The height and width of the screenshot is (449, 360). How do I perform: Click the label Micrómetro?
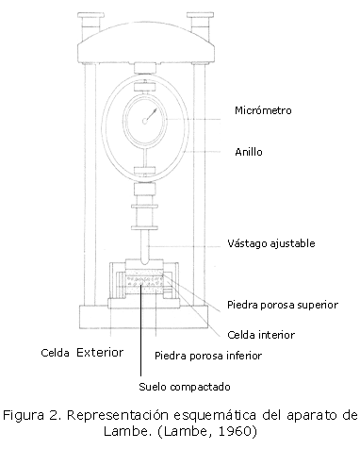(x=263, y=110)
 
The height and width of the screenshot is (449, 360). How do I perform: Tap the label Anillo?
(x=249, y=152)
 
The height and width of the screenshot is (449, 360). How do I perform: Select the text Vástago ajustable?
(x=271, y=243)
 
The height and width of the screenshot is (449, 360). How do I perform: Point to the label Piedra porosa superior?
(x=283, y=305)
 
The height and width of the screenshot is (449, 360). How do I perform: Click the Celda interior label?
(x=261, y=335)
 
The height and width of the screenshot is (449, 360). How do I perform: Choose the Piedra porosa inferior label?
(x=208, y=356)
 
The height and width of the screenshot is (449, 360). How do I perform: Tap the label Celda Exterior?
(x=82, y=353)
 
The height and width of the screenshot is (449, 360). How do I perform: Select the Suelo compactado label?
(x=185, y=387)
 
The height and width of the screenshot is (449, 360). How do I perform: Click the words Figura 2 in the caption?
(x=30, y=416)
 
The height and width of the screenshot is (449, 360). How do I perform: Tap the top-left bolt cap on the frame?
(x=90, y=15)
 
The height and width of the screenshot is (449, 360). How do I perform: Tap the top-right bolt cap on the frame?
(x=201, y=15)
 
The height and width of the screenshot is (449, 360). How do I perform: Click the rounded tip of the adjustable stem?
(x=144, y=260)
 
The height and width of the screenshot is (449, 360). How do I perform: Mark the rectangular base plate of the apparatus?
(x=144, y=317)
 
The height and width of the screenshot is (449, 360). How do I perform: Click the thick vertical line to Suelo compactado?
(x=140, y=330)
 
